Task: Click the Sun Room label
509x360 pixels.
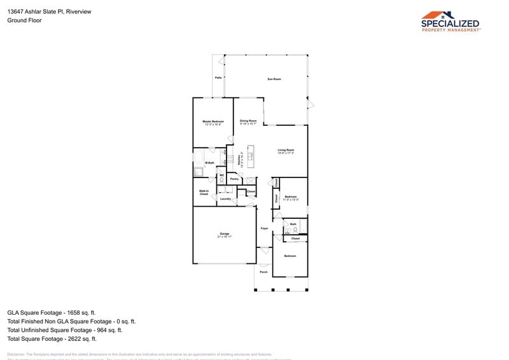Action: [x=274, y=79]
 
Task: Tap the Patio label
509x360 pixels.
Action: [x=218, y=78]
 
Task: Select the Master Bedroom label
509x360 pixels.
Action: [x=213, y=123]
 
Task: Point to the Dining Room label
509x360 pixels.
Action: [x=248, y=121]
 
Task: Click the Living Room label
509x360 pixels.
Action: [x=286, y=151]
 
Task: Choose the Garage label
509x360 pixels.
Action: [x=225, y=235]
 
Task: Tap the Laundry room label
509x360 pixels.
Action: [x=225, y=199]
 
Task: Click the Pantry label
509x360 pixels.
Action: [x=234, y=179]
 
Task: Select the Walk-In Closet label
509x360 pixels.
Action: [x=204, y=192]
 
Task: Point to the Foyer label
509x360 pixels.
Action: [x=264, y=228]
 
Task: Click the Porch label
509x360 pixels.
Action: [x=263, y=272]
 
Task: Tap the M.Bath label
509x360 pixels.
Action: [x=209, y=163]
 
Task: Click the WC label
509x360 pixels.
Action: [x=221, y=176]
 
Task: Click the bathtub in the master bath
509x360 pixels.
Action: [x=200, y=156]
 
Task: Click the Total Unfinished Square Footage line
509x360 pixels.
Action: [x=64, y=330]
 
